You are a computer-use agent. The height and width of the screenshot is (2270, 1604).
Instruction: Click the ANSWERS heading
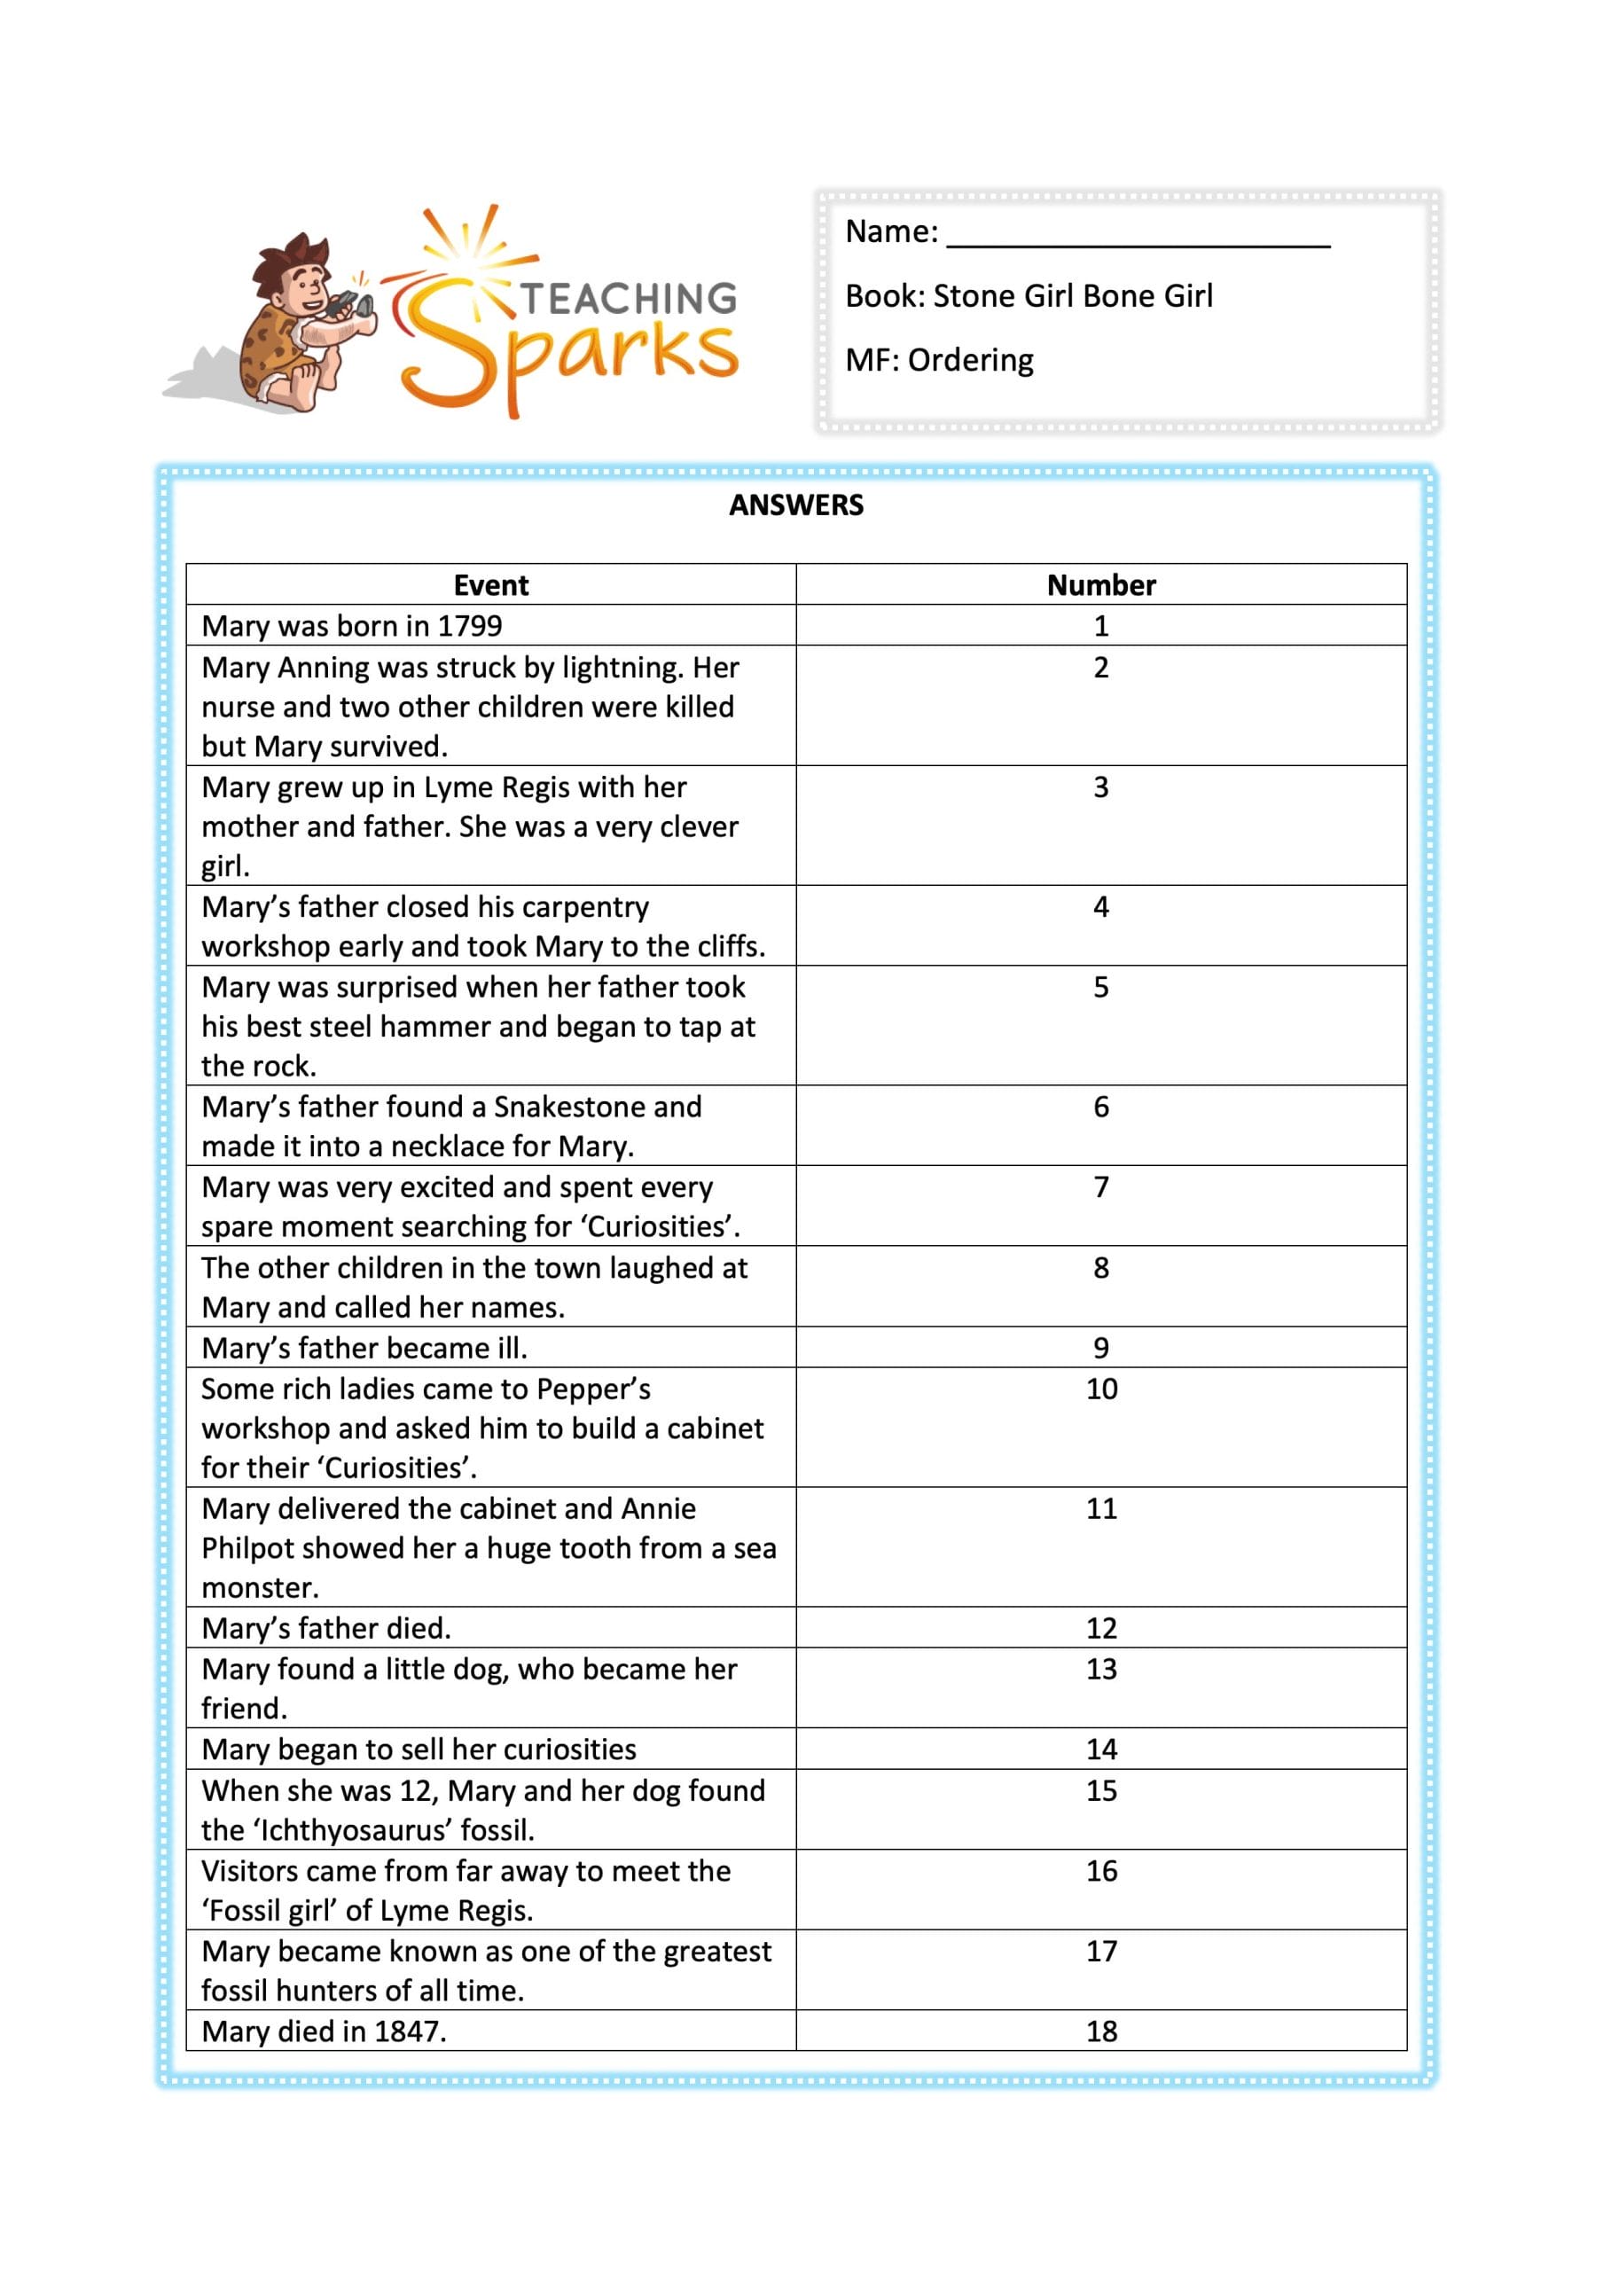coord(796,505)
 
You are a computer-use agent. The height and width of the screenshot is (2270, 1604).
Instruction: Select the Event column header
coord(490,585)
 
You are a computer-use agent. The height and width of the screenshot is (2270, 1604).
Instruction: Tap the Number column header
coord(1100,585)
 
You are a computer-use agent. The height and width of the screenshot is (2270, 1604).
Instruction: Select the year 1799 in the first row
coord(470,626)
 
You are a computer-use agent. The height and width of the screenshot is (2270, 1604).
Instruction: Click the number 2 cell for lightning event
coord(1100,668)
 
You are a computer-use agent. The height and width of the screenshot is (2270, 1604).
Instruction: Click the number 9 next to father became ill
coord(1100,1348)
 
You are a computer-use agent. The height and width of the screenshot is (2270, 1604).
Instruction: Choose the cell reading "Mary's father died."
coord(326,1628)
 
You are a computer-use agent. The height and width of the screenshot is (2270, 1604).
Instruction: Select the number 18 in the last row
coord(1100,2031)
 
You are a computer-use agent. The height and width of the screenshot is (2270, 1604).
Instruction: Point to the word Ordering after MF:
coord(970,360)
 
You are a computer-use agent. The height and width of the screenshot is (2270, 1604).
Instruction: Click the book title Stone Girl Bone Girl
coord(1073,295)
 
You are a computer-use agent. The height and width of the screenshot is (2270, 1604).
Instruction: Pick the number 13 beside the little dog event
coord(1100,1669)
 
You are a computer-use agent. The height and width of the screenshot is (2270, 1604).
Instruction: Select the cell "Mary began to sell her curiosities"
coord(419,1749)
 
